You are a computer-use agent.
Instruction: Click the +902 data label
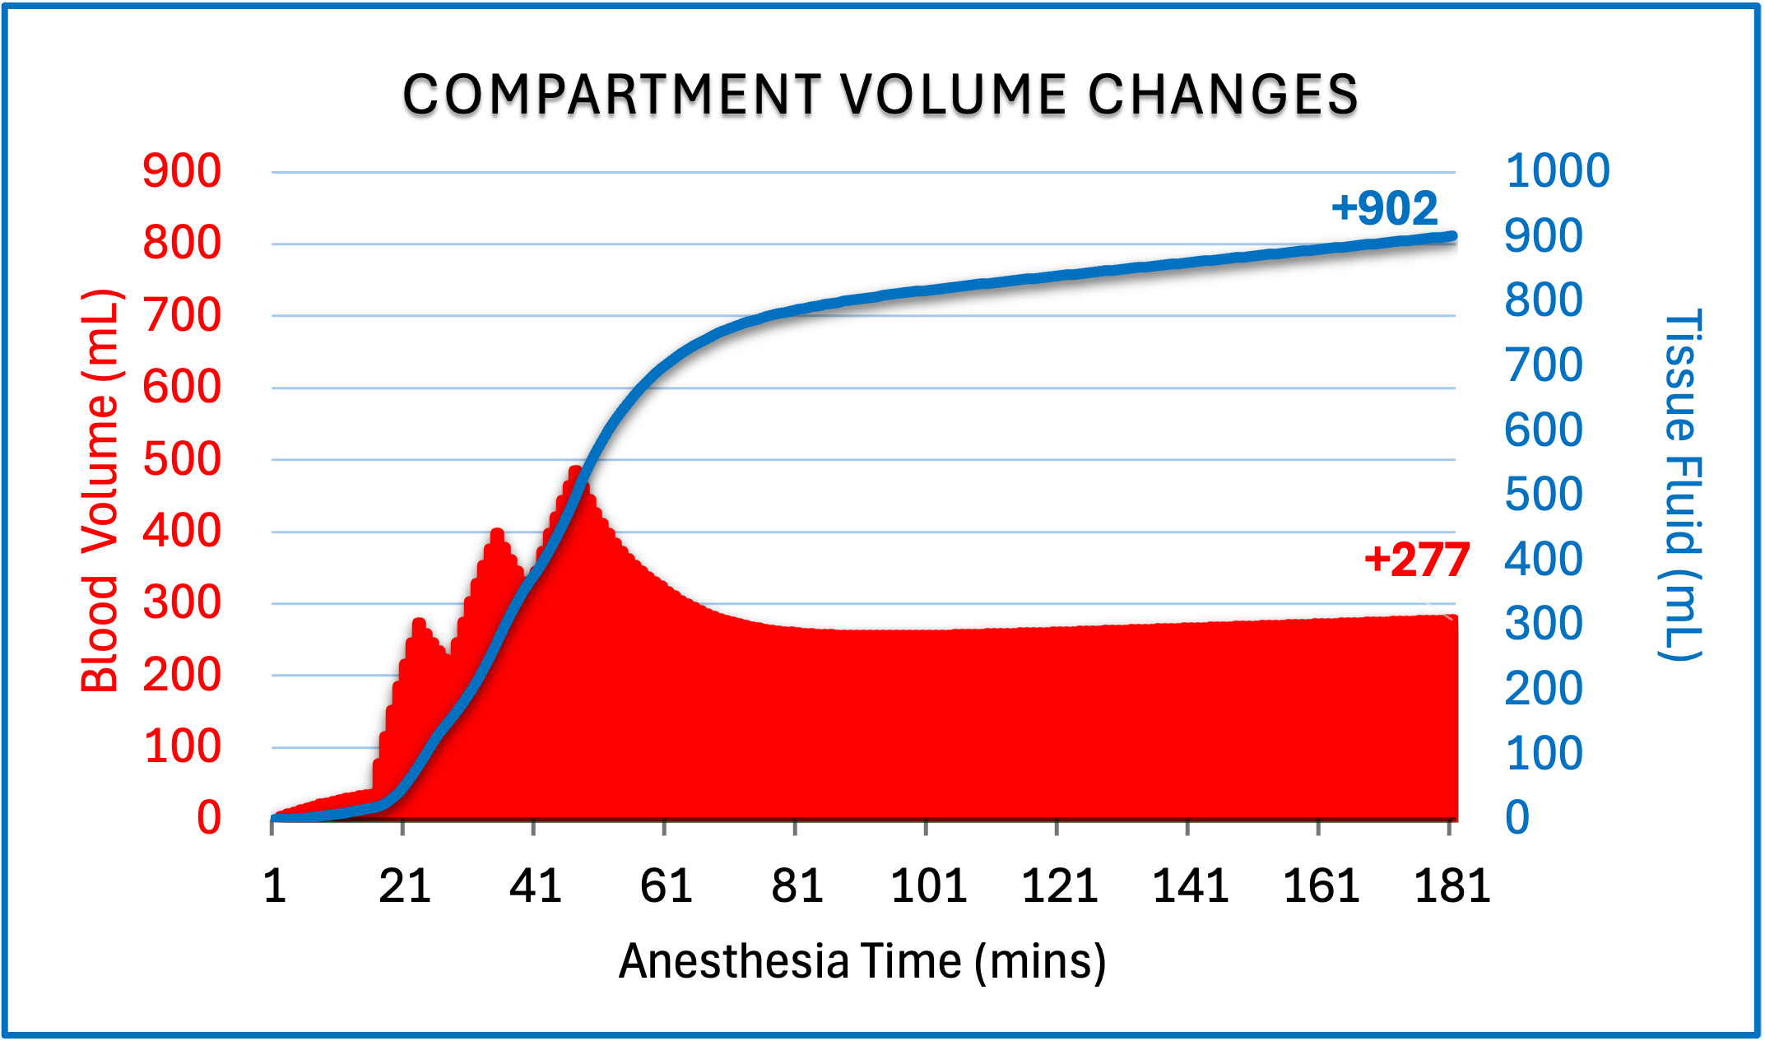point(1385,208)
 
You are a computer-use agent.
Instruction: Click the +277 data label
point(1416,560)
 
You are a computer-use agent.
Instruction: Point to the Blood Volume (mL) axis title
point(100,490)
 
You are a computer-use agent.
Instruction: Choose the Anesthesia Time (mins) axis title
point(862,961)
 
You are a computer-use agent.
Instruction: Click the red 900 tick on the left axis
point(182,171)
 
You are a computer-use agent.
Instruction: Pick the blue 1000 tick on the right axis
point(1557,171)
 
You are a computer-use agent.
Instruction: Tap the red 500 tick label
point(182,459)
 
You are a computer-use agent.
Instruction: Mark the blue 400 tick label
point(1543,560)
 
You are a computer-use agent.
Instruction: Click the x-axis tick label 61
point(666,886)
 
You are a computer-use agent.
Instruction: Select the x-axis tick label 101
point(928,886)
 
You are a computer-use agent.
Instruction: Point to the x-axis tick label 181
point(1452,886)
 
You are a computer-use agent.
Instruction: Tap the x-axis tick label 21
point(404,886)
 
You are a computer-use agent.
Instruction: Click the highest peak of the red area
point(575,471)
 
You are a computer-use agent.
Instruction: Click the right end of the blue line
point(1452,237)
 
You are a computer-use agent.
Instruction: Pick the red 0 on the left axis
point(209,818)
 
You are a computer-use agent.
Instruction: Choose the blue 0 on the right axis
point(1517,818)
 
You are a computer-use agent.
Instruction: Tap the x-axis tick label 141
point(1190,886)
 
